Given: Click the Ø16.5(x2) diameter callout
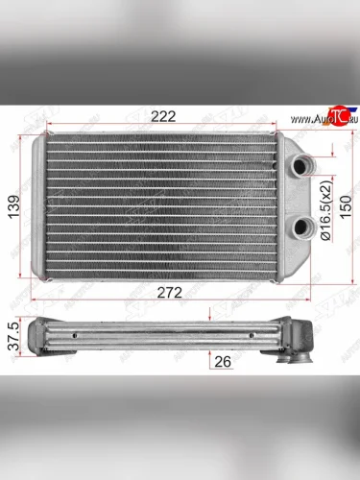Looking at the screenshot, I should pos(326,209).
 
